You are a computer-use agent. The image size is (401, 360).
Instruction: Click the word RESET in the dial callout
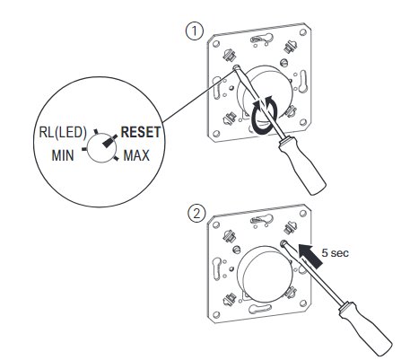click(140, 132)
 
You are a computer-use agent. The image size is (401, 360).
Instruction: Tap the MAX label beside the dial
click(136, 155)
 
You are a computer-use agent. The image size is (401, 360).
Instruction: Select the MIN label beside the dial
click(63, 155)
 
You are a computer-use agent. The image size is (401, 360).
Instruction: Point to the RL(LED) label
click(63, 132)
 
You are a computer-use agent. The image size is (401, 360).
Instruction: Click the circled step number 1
click(195, 31)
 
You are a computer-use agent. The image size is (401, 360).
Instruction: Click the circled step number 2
click(196, 214)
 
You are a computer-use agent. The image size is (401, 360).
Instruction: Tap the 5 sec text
click(335, 253)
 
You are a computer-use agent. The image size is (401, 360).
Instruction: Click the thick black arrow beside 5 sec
click(310, 255)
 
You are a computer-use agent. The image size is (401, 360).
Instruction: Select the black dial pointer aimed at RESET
click(109, 141)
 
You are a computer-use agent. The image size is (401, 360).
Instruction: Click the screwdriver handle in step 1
click(301, 164)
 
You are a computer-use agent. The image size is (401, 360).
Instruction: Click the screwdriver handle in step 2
click(365, 329)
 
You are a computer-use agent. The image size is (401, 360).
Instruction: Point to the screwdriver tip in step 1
click(237, 68)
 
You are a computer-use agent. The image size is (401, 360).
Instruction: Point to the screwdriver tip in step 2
click(283, 244)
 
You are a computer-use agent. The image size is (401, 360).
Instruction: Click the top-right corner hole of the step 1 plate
click(303, 32)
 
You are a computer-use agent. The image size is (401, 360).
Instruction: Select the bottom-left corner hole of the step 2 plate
click(216, 314)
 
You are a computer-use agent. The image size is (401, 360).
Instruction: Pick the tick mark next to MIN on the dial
click(84, 148)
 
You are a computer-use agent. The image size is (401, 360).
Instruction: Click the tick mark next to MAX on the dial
click(116, 158)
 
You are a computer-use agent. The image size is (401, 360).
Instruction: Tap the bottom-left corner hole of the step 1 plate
click(216, 133)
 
